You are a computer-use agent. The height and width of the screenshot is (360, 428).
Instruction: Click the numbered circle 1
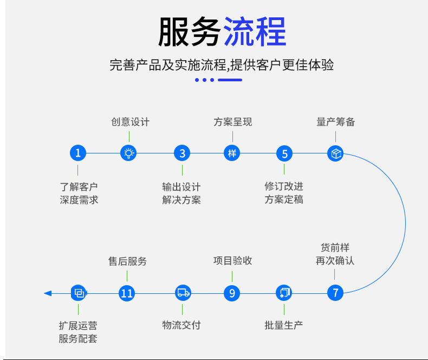[x=78, y=153]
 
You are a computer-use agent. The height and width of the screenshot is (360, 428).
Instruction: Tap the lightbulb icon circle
[x=128, y=153]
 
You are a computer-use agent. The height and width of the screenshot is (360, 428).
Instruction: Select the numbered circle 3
[x=182, y=153]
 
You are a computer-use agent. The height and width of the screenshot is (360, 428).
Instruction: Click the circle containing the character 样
[x=232, y=153]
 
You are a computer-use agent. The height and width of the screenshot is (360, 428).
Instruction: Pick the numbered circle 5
[x=284, y=153]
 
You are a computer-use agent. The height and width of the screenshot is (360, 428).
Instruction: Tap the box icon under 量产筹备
[x=335, y=153]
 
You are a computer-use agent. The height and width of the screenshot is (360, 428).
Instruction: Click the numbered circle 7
[x=335, y=293]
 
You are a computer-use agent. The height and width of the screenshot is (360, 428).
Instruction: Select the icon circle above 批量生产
[x=284, y=293]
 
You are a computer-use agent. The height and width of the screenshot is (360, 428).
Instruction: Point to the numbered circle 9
[x=232, y=293]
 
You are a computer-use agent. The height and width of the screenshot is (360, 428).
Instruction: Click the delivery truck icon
[x=183, y=293]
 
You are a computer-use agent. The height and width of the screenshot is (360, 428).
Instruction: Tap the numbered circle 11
[x=127, y=293]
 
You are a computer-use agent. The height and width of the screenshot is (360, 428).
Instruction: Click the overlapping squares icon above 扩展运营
[x=79, y=293]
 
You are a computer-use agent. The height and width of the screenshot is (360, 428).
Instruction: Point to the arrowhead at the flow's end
[x=48, y=293]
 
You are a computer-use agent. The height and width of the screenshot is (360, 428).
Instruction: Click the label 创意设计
[x=130, y=122]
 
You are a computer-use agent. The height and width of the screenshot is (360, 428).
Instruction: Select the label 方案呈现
[x=232, y=122]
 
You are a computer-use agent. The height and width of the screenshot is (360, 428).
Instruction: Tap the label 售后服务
[x=127, y=261]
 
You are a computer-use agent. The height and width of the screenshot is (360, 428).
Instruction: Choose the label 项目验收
[x=232, y=261]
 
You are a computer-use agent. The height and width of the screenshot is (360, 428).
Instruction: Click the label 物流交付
[x=181, y=325]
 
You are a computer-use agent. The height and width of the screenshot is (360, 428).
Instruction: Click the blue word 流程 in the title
[x=254, y=33]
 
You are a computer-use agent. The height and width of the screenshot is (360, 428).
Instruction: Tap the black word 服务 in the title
[x=189, y=33]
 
